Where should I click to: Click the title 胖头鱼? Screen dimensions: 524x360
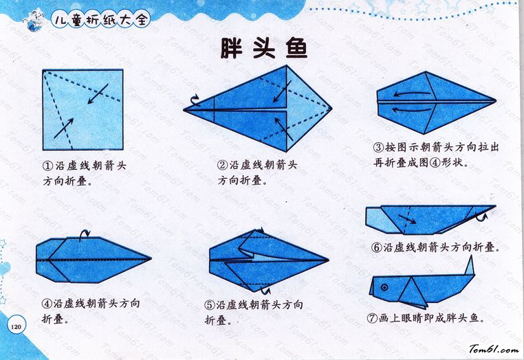click(263, 48)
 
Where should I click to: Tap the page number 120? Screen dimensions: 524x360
click(16, 326)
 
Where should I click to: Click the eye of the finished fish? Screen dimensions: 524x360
click(384, 287)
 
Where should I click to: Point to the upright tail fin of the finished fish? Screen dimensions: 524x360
click(470, 265)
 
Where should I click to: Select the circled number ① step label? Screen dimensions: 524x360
click(47, 166)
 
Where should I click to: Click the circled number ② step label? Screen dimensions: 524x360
click(222, 166)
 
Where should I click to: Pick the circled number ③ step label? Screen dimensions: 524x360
click(378, 147)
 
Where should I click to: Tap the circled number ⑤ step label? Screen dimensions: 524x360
click(210, 305)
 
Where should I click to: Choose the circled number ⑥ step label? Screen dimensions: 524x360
click(377, 247)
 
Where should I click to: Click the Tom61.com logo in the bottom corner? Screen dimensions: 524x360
click(494, 349)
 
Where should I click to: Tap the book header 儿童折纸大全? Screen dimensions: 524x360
click(100, 20)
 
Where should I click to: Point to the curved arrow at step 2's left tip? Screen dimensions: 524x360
click(195, 99)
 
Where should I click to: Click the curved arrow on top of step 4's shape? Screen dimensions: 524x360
click(85, 234)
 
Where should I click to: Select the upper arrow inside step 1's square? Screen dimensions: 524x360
click(98, 94)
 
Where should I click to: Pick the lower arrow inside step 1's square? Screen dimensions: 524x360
click(63, 128)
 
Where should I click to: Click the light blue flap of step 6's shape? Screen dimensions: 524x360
click(380, 220)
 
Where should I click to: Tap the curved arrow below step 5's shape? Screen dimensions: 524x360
click(265, 290)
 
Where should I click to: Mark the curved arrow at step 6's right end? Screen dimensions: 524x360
click(481, 217)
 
